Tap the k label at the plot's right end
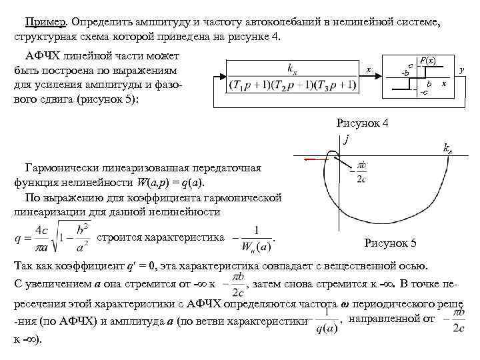[448, 149]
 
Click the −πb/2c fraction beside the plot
[359, 171]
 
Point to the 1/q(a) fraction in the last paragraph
[325, 321]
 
